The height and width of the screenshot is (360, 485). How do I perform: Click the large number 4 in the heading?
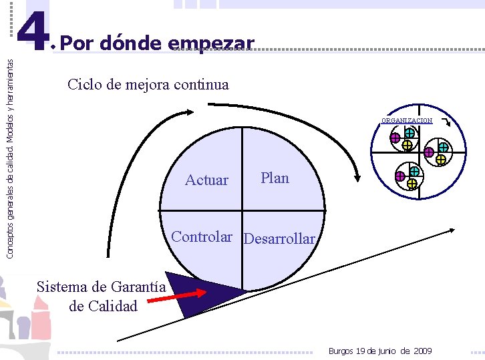pyautogui.click(x=31, y=31)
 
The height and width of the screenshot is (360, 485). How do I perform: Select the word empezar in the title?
pyautogui.click(x=212, y=45)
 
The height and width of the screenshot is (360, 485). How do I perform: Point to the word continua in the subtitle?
pyautogui.click(x=203, y=85)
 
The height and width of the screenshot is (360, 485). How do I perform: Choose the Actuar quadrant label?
pyautogui.click(x=206, y=180)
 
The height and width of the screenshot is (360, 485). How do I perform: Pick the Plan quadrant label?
pyautogui.click(x=275, y=178)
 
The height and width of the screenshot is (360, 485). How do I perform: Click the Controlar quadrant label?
pyautogui.click(x=202, y=236)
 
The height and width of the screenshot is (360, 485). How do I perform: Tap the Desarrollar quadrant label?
pyautogui.click(x=279, y=238)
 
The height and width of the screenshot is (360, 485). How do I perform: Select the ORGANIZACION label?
pyautogui.click(x=406, y=121)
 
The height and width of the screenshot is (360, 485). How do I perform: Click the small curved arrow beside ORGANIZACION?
pyautogui.click(x=446, y=123)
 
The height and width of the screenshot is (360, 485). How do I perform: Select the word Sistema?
pyautogui.click(x=62, y=287)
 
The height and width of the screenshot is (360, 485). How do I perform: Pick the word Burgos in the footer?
pyautogui.click(x=341, y=351)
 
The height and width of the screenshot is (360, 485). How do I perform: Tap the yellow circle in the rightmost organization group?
pyautogui.click(x=441, y=160)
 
